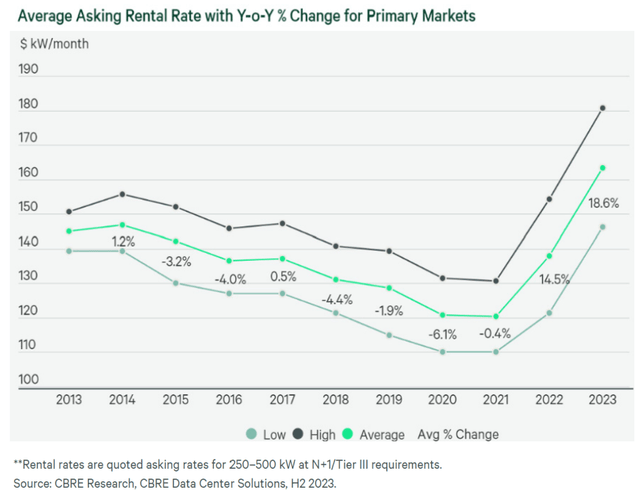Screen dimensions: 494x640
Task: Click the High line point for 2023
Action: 602,108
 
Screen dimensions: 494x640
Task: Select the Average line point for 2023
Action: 602,168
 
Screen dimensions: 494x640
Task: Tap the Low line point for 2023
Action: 602,226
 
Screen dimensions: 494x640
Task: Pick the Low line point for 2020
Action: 440,352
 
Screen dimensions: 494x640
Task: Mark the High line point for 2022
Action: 549,199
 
